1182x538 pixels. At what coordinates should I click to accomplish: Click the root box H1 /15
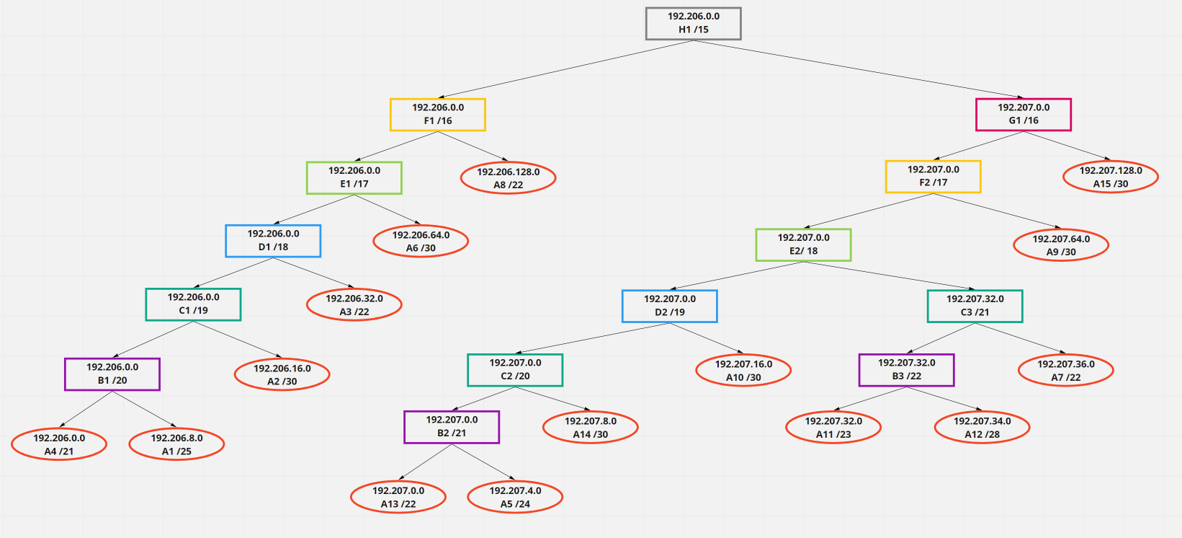tap(693, 23)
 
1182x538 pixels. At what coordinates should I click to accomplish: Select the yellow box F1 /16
tap(438, 115)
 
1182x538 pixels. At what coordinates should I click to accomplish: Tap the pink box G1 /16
tap(1024, 115)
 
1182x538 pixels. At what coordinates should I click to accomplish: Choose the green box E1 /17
tap(354, 177)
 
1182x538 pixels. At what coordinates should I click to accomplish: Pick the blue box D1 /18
tap(273, 241)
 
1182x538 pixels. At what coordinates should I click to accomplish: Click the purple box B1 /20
tap(112, 374)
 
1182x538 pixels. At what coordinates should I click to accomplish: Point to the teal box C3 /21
tap(975, 306)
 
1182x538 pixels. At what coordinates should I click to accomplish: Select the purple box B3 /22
tap(906, 370)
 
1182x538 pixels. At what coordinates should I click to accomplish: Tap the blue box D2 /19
tap(670, 306)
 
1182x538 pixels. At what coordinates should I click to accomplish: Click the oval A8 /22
tap(508, 178)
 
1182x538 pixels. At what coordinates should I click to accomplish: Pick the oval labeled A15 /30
tap(1111, 177)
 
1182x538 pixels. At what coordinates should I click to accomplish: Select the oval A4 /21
tap(59, 444)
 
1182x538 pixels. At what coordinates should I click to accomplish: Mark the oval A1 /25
tap(176, 444)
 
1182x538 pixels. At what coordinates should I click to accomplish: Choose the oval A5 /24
tap(515, 497)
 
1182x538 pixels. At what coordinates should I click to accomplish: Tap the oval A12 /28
tap(982, 428)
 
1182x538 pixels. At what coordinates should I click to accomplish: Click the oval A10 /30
tap(743, 371)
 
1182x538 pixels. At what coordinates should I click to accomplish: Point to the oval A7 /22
tap(1066, 371)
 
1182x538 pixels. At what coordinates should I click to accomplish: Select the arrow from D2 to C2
tap(593, 338)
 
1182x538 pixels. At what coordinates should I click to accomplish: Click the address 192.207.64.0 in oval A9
tap(1061, 239)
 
